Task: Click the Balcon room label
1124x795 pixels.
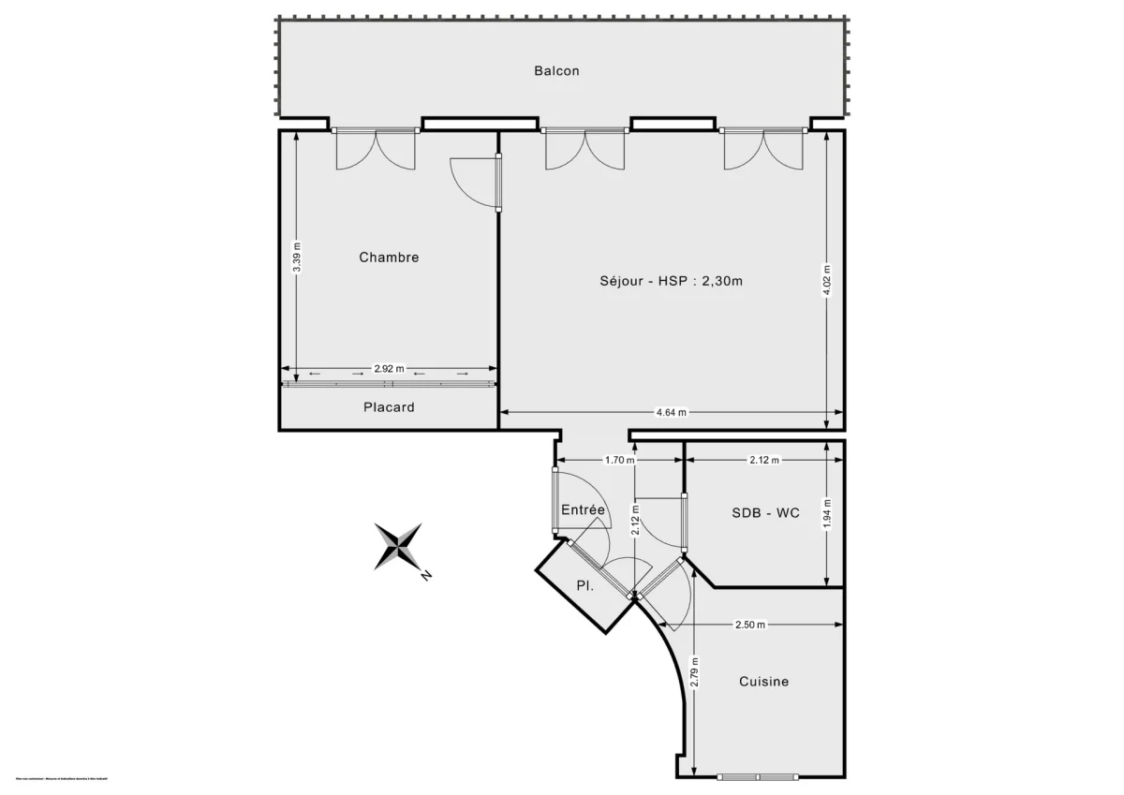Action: tap(556, 70)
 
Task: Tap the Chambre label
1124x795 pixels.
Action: tap(389, 258)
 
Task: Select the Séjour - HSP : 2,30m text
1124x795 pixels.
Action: tap(671, 280)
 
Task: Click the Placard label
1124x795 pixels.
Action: tap(389, 407)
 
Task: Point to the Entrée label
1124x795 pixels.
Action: tap(584, 509)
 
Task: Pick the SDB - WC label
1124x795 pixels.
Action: tap(765, 513)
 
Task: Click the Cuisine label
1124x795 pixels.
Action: tap(763, 682)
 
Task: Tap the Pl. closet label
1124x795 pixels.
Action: tap(586, 586)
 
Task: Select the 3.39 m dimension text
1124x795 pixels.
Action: tap(296, 258)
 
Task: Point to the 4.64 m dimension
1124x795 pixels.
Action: tap(671, 412)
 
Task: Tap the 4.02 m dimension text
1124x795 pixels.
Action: tap(826, 280)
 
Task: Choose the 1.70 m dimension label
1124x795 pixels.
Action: tap(619, 460)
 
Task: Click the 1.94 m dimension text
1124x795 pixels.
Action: tap(826, 513)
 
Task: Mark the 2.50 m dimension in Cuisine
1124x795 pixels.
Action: tap(749, 625)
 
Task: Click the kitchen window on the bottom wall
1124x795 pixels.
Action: tap(759, 776)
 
